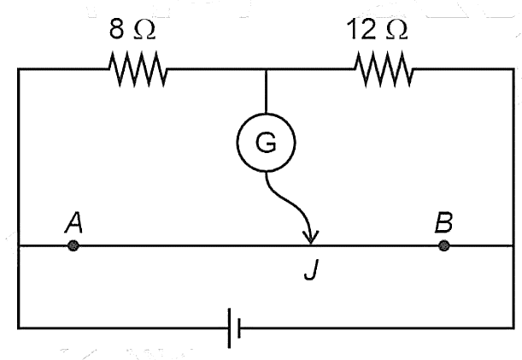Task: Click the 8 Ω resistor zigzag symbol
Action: (x=138, y=69)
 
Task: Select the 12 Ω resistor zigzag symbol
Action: (x=384, y=69)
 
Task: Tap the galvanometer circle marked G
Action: (x=266, y=142)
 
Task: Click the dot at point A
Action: (x=73, y=246)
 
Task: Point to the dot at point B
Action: (x=443, y=246)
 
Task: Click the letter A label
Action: (x=73, y=222)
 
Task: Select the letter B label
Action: (x=443, y=222)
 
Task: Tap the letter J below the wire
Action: (x=311, y=269)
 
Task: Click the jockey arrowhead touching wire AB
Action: (x=311, y=238)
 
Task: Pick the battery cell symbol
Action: (x=234, y=328)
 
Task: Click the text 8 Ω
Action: (x=132, y=29)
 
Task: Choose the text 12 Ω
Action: (x=377, y=29)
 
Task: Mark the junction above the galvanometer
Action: (x=266, y=69)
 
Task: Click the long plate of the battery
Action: (x=229, y=328)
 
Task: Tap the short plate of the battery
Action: (x=239, y=328)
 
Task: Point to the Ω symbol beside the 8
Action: (x=144, y=31)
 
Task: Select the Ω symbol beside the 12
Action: (x=396, y=31)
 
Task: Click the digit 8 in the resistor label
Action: (x=116, y=29)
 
